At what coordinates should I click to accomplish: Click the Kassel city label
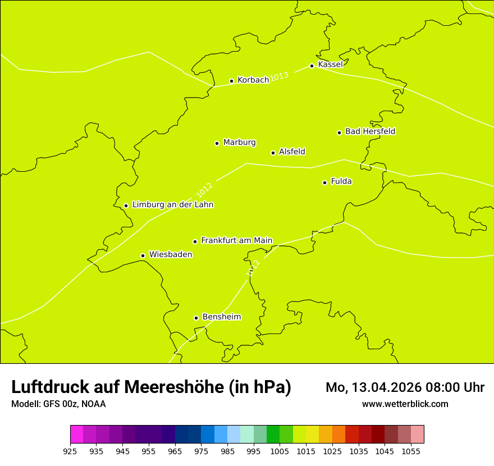[x=330, y=65]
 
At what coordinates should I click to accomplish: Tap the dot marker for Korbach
[x=231, y=81]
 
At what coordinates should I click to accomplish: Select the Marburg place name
[x=239, y=143]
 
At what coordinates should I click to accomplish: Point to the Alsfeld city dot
[x=273, y=153]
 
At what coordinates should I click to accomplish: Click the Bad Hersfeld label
[x=370, y=131]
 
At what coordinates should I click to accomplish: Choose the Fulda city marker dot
[x=324, y=182]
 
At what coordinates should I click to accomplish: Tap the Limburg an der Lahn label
[x=172, y=204]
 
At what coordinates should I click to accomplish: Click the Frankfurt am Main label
[x=236, y=240]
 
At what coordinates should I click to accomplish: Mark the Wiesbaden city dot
[x=143, y=255]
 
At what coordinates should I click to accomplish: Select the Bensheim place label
[x=221, y=317]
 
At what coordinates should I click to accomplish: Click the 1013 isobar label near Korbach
[x=279, y=76]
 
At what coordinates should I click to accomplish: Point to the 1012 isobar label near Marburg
[x=204, y=190]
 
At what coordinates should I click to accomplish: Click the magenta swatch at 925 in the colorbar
[x=76, y=435]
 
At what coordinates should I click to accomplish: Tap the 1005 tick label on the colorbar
[x=280, y=451]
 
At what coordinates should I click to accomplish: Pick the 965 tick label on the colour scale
[x=175, y=451]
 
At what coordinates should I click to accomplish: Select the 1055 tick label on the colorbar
[x=411, y=451]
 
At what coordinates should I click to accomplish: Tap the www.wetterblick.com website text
[x=405, y=404]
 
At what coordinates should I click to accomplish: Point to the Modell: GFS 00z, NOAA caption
[x=58, y=404]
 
